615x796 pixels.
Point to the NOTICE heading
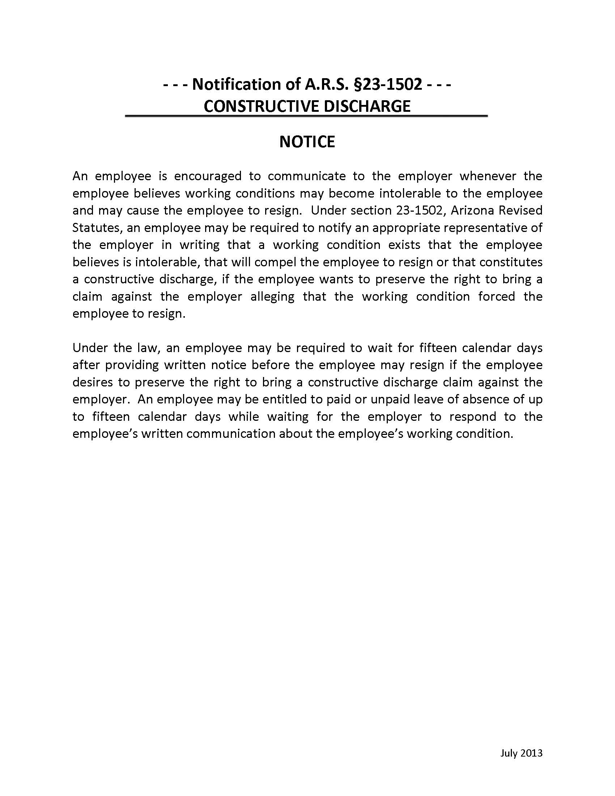coord(307,142)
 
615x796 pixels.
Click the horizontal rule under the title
coord(306,116)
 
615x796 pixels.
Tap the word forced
coord(497,297)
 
